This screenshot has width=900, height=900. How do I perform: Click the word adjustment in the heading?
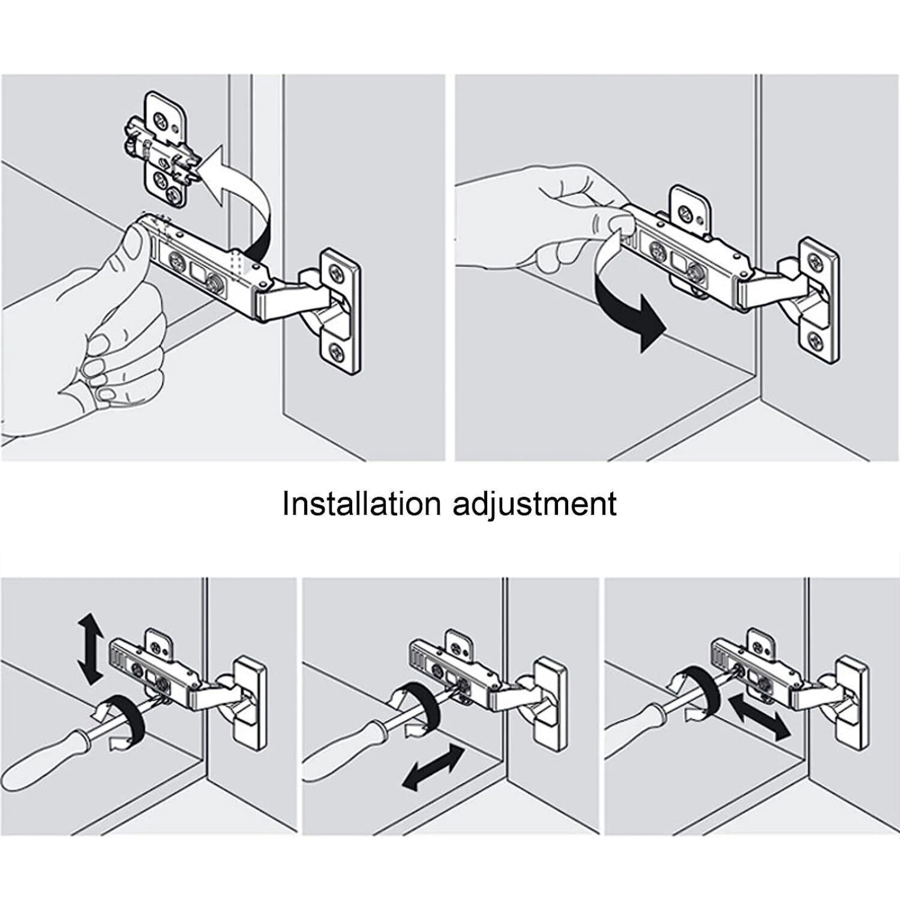535,504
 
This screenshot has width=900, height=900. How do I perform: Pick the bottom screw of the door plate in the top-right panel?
816,339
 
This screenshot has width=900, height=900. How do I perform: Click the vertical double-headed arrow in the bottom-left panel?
91,648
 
